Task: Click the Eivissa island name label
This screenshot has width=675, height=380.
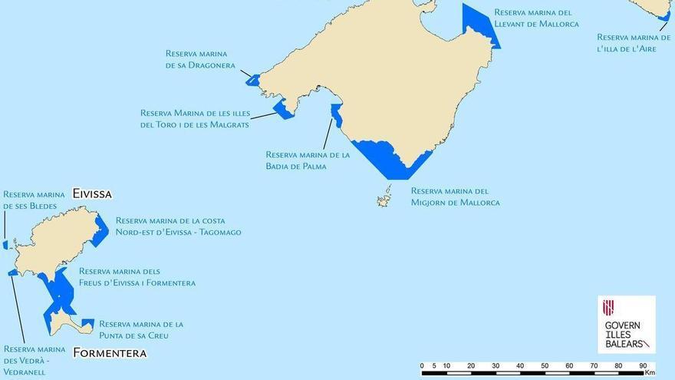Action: coord(92,194)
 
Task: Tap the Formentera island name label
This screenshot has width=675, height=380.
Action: coord(110,353)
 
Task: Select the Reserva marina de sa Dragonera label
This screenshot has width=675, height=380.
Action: coord(200,59)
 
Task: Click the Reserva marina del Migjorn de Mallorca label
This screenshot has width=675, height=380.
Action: coord(455,197)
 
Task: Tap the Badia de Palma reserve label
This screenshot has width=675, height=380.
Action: coord(307,160)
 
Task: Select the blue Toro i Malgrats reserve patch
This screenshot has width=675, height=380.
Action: coord(285,109)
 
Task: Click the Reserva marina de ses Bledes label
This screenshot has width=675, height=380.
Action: coord(33,200)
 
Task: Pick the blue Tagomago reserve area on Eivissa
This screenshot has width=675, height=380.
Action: coord(100,231)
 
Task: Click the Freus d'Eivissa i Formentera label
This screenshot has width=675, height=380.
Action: coord(137,277)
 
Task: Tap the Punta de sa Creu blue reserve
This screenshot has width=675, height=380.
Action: coord(87,324)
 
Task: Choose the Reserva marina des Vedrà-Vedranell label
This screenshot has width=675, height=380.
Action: coord(34,361)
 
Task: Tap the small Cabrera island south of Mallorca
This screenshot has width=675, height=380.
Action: coord(384,199)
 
